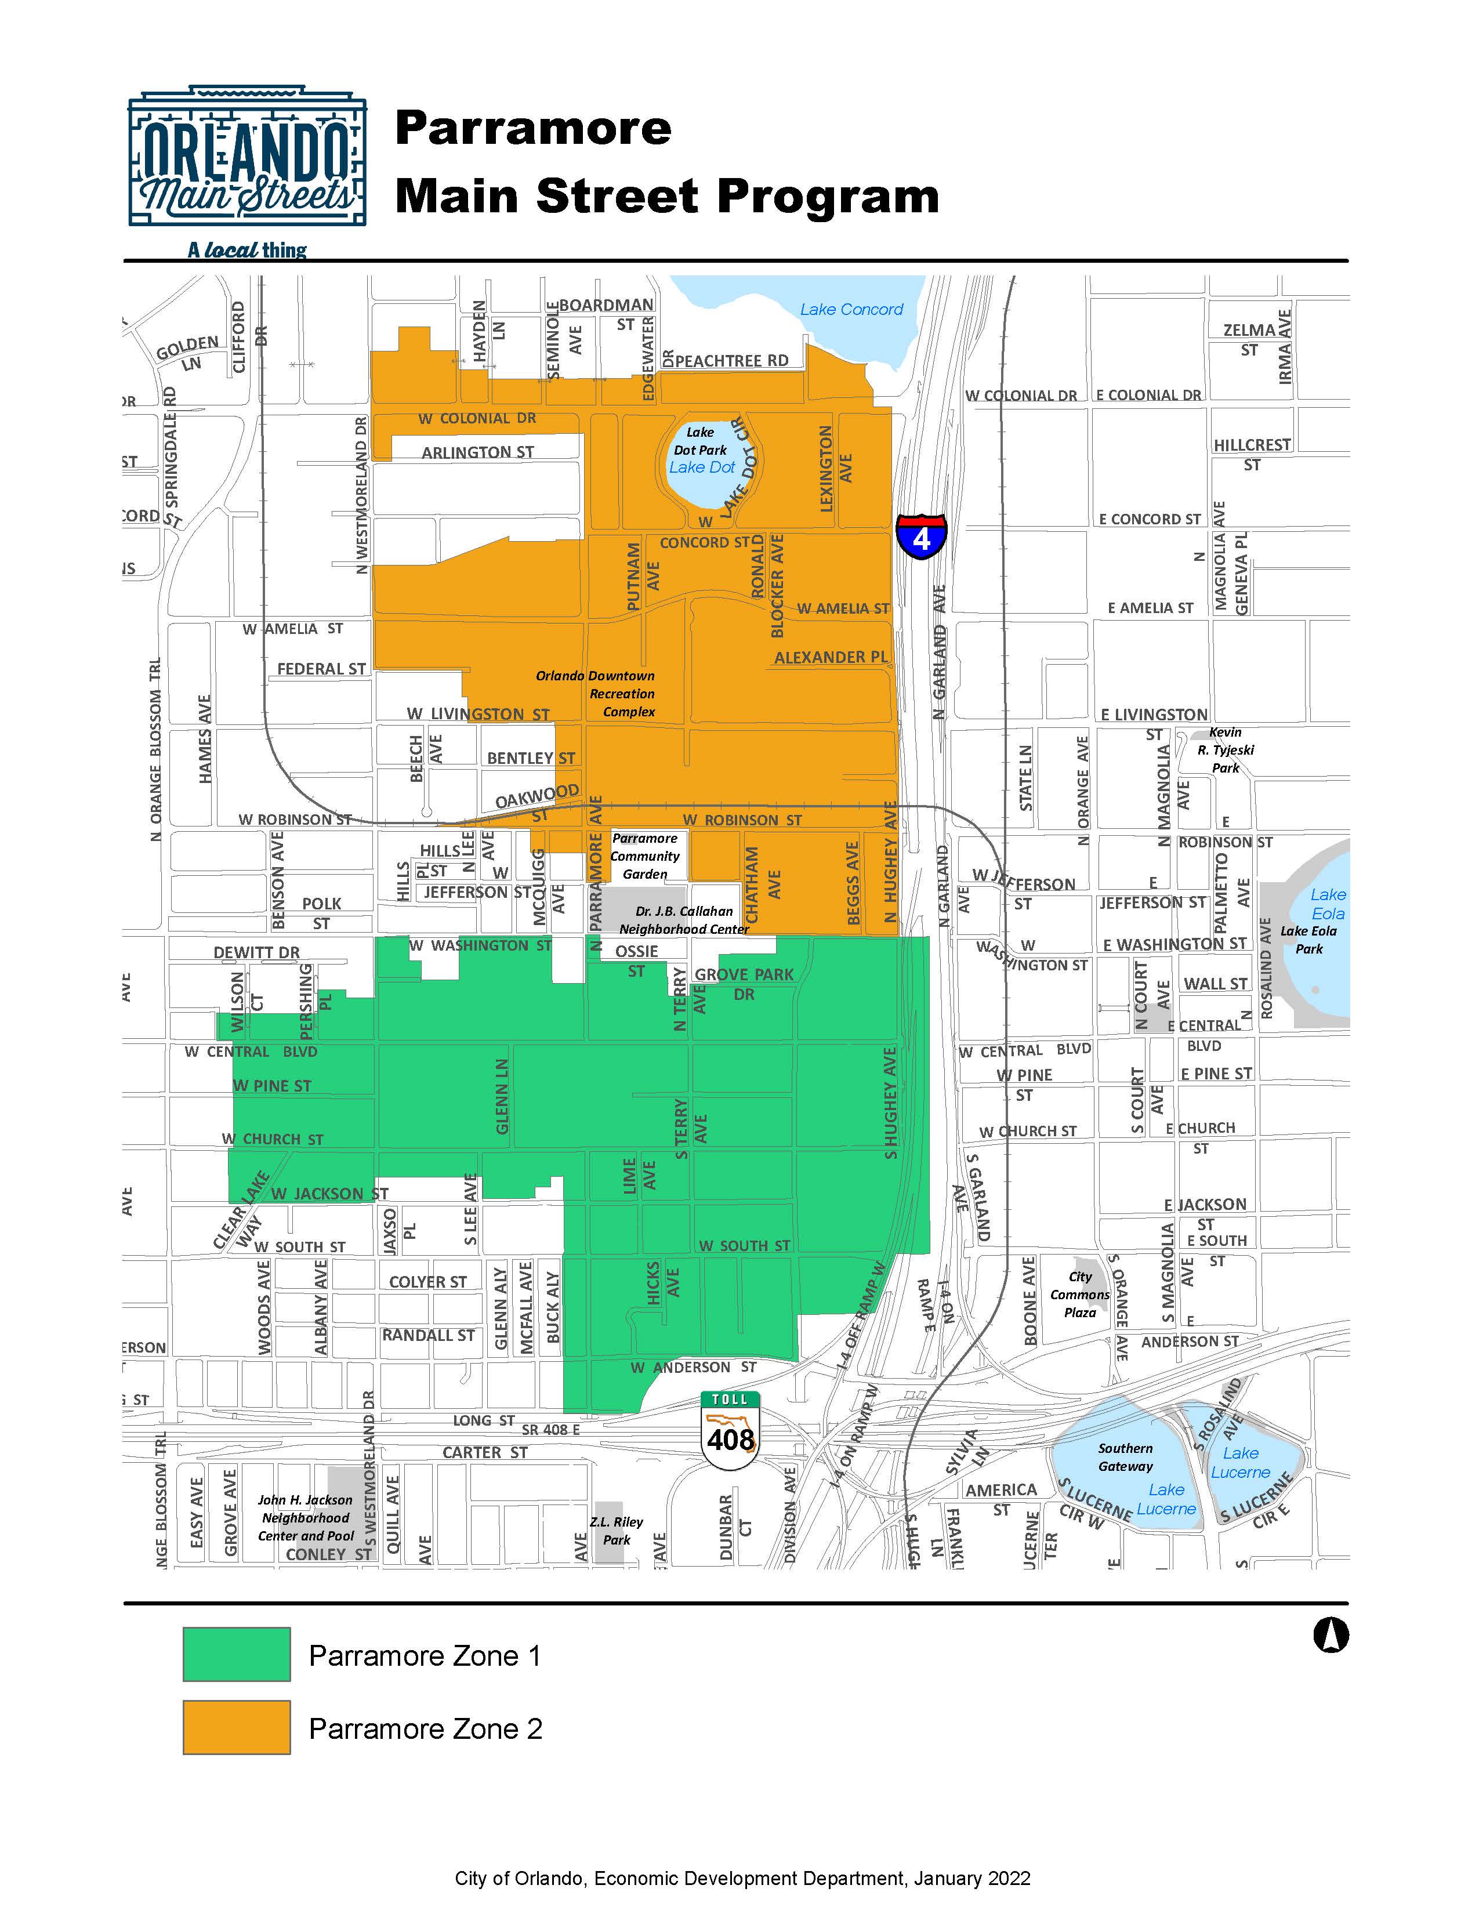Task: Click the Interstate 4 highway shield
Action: point(921,536)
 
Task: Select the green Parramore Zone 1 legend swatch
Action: point(237,1655)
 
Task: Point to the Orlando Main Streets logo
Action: point(247,158)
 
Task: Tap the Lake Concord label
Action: point(851,309)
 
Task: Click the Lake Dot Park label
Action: point(700,441)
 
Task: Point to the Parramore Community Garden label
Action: point(645,856)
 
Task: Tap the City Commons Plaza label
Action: point(1081,1295)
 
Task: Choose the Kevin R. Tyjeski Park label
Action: point(1225,750)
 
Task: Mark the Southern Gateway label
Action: point(1126,1458)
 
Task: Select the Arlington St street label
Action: point(477,452)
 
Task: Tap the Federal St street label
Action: point(321,669)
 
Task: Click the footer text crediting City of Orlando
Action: point(742,1878)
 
